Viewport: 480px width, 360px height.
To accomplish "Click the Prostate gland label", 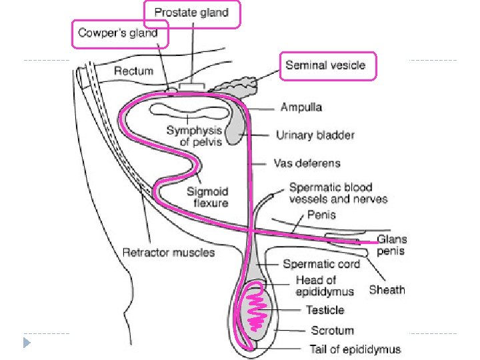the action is point(191,13).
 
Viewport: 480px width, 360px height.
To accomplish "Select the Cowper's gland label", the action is point(118,33).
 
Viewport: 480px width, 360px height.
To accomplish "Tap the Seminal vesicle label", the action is point(325,65).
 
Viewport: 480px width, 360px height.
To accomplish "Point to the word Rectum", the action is point(133,71).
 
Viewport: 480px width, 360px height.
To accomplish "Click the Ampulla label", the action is point(301,107).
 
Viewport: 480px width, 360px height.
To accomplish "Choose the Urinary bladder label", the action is point(315,135).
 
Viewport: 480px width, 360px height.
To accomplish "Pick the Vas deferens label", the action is point(307,163).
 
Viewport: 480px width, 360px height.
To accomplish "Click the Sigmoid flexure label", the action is point(208,197).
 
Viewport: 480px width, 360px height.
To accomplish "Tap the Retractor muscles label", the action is point(169,252).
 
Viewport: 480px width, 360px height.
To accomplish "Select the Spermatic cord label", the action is point(321,264).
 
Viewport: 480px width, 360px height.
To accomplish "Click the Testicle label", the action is point(325,310).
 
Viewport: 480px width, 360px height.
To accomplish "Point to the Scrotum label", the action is point(332,330).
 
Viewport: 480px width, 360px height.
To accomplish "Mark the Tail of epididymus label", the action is point(355,349).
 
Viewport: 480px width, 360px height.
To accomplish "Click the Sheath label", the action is point(387,289).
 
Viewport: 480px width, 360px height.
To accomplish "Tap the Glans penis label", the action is point(391,245).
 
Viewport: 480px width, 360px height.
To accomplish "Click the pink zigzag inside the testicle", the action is point(256,311).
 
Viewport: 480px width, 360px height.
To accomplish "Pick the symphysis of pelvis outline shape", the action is point(189,111).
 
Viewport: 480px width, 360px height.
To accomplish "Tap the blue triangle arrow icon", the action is point(27,343).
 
